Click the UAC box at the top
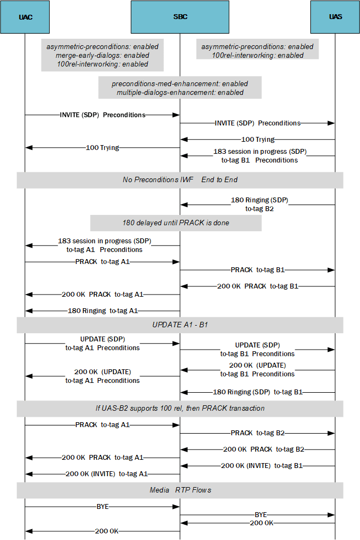[26, 17]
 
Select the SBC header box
[180, 17]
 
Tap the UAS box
[335, 17]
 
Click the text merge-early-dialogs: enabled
[102, 55]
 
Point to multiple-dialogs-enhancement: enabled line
[180, 92]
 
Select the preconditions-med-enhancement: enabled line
[180, 84]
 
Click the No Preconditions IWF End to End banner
[180, 179]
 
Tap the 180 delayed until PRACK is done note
[176, 223]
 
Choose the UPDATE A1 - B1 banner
[180, 325]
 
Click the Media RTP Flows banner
[180, 490]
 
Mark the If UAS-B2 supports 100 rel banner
[180, 408]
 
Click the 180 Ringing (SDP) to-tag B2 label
[260, 204]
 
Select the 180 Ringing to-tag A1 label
[103, 311]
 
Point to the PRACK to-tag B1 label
[257, 269]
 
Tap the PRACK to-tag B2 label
[257, 433]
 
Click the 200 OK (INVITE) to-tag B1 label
[261, 466]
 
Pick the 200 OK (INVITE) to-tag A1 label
[106, 474]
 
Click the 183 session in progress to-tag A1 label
[104, 245]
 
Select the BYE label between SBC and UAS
[261, 514]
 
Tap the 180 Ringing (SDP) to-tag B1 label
[257, 392]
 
